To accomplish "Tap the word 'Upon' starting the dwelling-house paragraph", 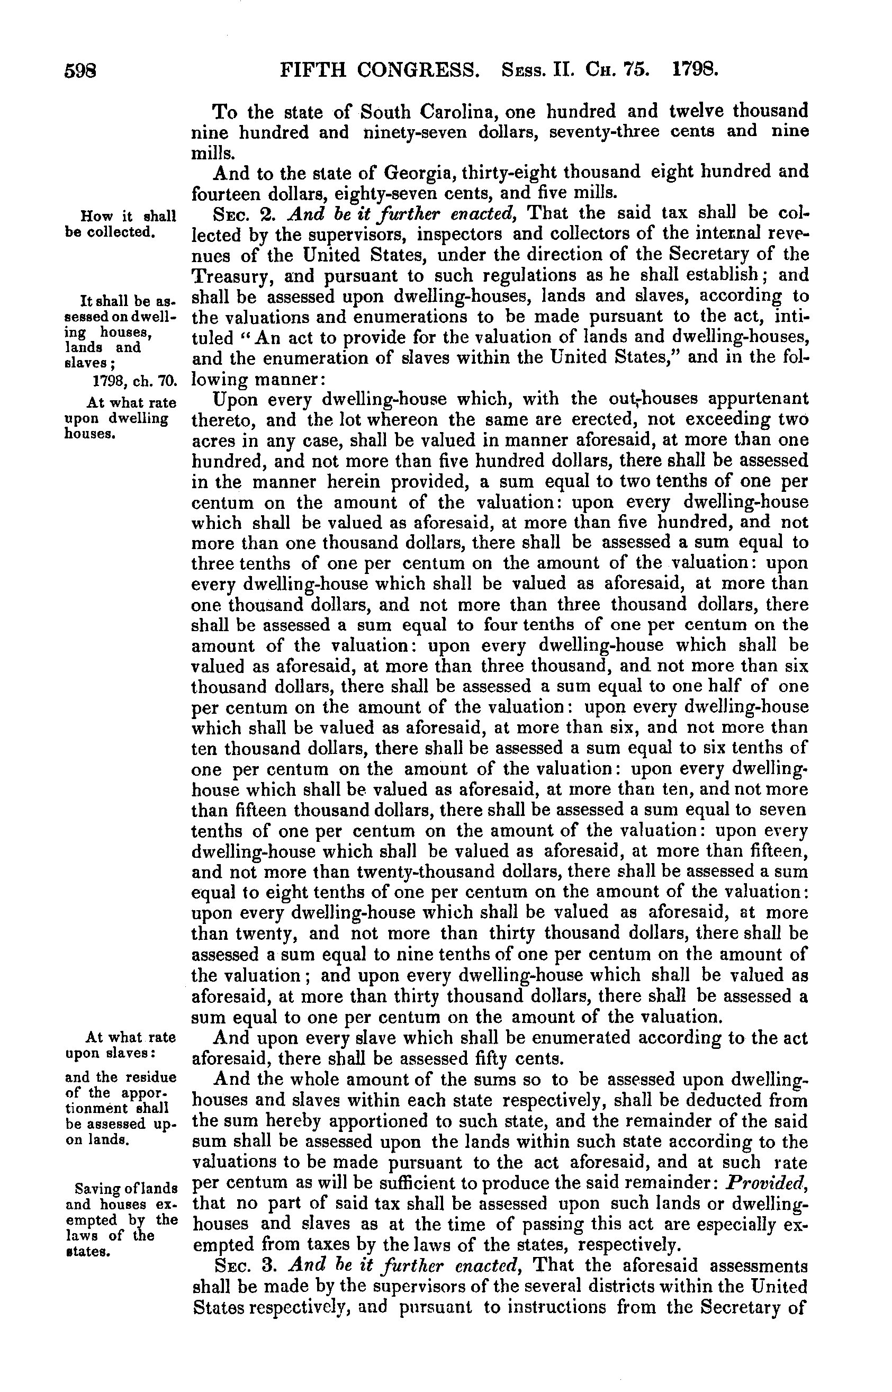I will [235, 399].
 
